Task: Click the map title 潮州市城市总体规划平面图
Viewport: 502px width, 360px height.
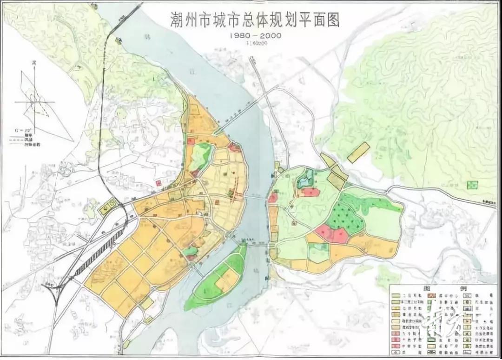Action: [255, 20]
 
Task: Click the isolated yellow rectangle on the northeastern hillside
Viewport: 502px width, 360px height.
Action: [358, 152]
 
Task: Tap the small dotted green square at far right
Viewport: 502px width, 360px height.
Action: [472, 185]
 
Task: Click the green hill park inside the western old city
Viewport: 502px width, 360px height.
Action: [201, 157]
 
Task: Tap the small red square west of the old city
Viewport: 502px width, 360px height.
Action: [159, 183]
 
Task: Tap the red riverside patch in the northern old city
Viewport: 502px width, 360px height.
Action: [234, 147]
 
